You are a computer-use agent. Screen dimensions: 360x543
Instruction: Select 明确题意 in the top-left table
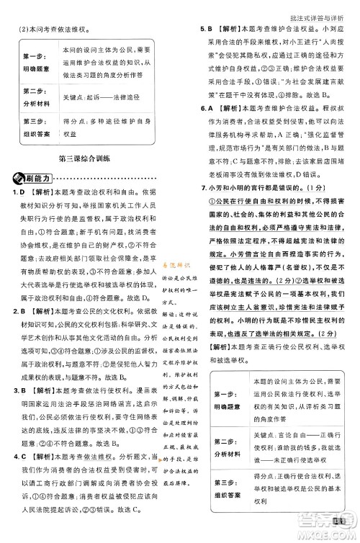[30, 69]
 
